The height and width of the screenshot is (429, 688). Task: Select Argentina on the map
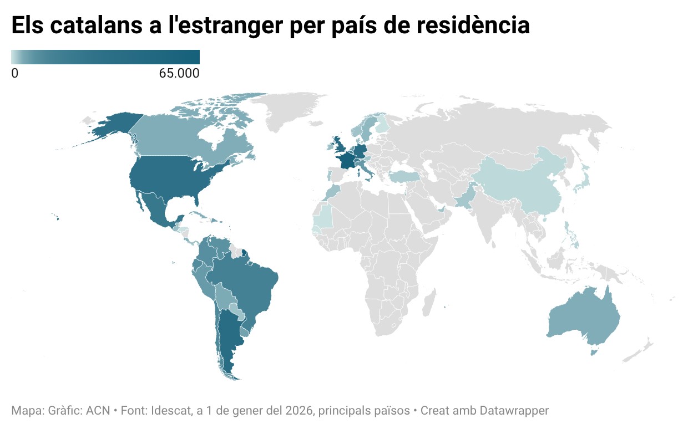227,338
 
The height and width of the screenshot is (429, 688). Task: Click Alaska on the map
114,127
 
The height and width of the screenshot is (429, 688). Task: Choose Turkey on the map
405,177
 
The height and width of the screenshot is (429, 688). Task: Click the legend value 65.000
179,73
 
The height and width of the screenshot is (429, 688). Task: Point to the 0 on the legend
15,73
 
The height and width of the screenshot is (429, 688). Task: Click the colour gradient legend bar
105,57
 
